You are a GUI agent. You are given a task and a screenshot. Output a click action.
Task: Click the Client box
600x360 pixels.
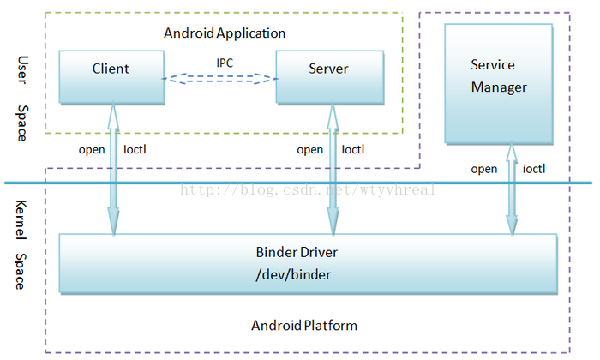coord(111,77)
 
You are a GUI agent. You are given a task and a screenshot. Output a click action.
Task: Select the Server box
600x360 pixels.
coord(330,77)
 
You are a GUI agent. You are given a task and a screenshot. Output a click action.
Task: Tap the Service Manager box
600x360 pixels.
coord(499,84)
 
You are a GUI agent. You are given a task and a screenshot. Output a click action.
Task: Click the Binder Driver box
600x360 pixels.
coord(308,264)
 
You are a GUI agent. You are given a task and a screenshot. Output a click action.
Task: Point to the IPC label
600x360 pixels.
coord(225,63)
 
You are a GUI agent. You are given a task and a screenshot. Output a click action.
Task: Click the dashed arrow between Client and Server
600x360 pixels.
coord(220,78)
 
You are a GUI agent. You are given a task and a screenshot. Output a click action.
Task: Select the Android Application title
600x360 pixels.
coord(225,33)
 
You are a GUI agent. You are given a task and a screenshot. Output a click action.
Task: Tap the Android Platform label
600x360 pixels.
coord(304,326)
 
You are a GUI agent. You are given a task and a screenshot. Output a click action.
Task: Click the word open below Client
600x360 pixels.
coord(92,150)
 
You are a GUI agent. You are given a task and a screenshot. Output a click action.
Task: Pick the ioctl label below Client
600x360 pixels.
coord(135,149)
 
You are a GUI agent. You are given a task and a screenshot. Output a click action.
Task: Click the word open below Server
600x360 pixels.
coord(310,150)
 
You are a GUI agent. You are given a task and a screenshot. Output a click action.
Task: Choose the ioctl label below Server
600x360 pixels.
coord(353,149)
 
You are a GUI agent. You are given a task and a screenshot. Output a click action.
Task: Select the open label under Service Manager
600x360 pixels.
coord(484,170)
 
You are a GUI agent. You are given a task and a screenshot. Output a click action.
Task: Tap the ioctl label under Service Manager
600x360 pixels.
coord(534,169)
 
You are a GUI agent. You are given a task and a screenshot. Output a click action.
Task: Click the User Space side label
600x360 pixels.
coord(22,99)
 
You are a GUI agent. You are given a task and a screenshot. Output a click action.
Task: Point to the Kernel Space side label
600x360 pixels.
coord(21,245)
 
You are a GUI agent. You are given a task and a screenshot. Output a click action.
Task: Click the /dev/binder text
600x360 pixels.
coord(293,274)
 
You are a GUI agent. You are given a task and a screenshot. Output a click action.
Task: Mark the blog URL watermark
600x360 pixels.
coord(308,189)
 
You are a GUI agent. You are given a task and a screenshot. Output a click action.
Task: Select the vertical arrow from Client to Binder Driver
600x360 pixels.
coord(113,168)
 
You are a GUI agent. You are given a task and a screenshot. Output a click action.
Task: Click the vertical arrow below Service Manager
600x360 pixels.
coord(512,189)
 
